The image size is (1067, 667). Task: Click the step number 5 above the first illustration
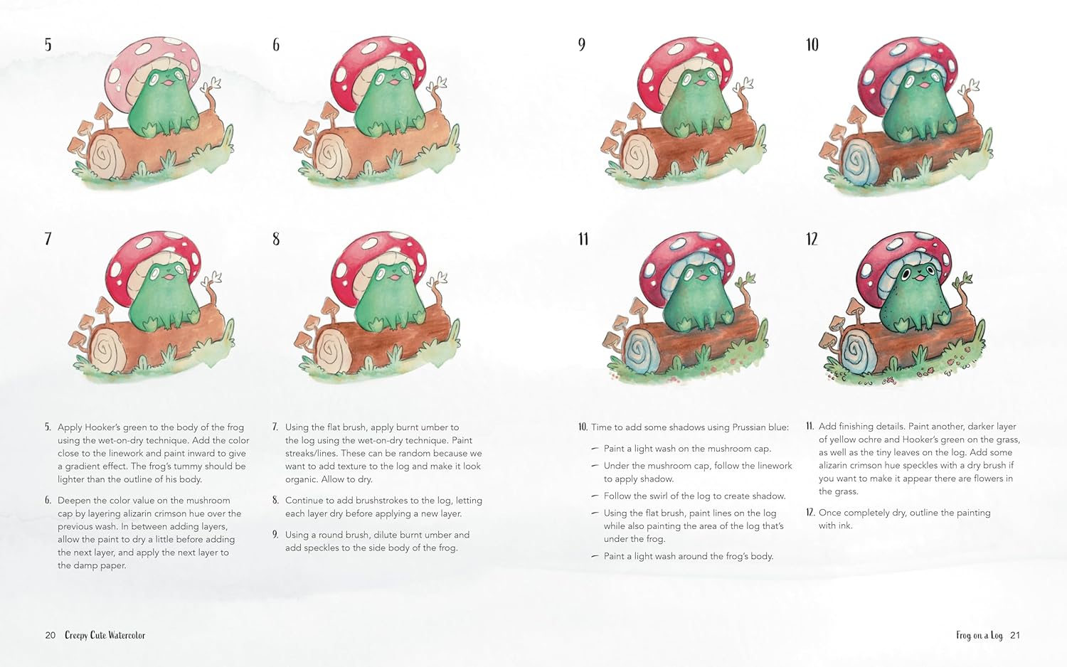pos(48,45)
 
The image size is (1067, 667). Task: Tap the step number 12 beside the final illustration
pos(812,239)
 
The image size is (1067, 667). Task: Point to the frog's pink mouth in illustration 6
pos(394,82)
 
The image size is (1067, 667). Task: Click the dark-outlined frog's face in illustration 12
pos(916,276)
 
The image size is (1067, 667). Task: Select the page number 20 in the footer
pos(50,635)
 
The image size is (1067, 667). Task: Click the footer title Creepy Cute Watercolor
pos(105,635)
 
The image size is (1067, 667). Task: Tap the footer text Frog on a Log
pos(980,635)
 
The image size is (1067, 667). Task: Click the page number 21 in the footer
pos(1014,635)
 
